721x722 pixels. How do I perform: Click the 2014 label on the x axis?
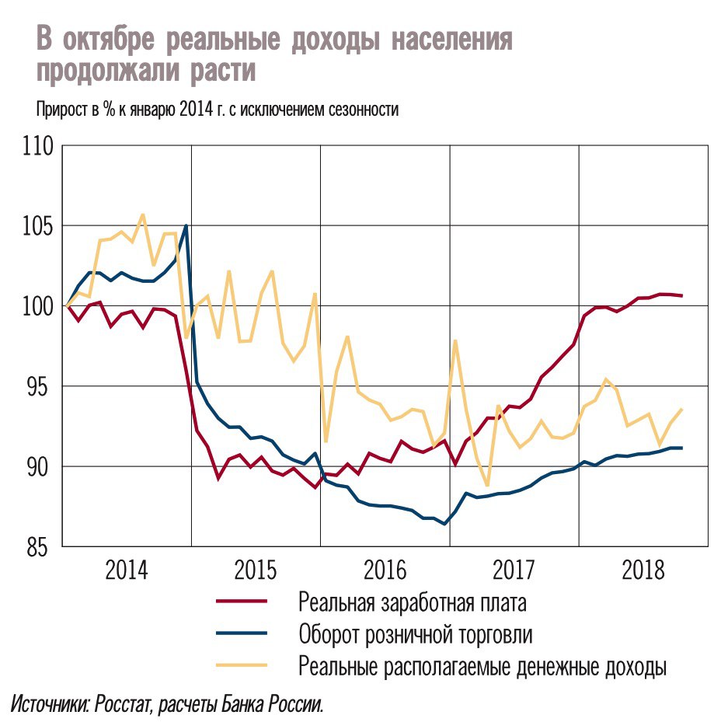(127, 571)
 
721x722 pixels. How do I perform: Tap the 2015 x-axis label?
(256, 571)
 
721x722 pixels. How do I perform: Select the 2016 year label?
(385, 571)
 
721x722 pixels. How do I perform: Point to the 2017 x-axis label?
(514, 571)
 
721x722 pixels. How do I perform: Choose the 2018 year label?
(643, 571)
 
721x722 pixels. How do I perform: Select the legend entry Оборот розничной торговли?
(416, 634)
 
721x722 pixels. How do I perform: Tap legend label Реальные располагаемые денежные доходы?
(482, 667)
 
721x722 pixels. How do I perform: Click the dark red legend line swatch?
(241, 602)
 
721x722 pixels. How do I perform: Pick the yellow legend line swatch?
(241, 666)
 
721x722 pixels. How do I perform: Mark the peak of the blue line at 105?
(186, 226)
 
